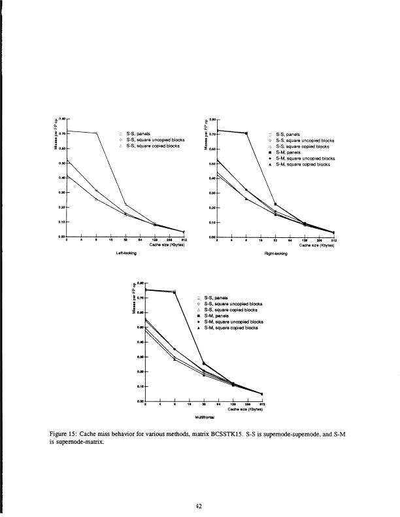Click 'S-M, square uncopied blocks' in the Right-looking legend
[305, 158]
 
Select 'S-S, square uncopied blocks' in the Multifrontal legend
[233, 303]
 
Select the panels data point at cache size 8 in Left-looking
[96, 133]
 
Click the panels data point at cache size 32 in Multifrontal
[204, 363]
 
